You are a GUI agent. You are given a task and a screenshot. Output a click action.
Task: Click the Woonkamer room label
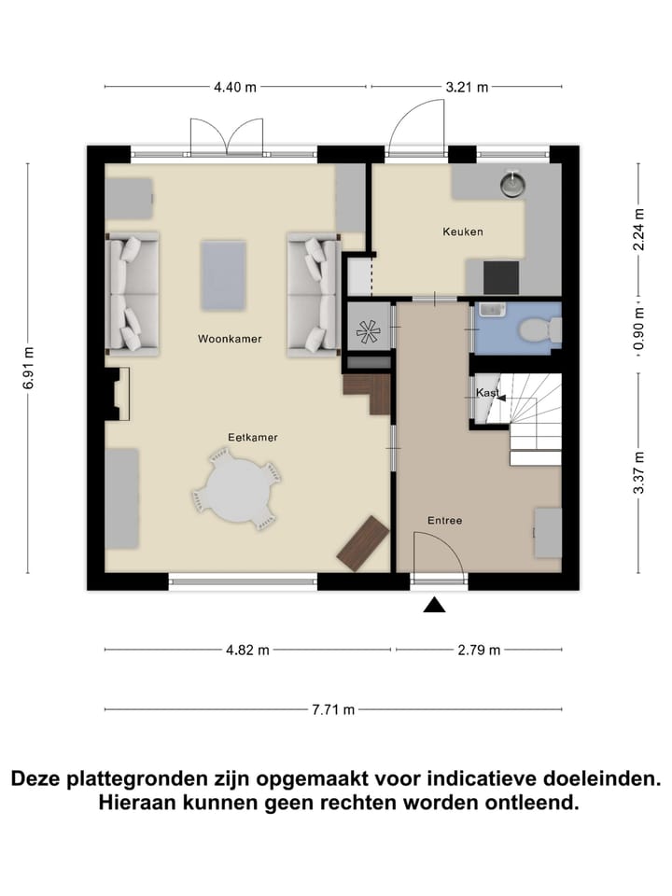point(230,340)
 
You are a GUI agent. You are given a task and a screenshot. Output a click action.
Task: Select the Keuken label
point(463,231)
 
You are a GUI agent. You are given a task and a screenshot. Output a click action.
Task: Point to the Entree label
point(444,521)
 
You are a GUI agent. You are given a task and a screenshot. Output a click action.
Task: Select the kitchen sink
point(512,184)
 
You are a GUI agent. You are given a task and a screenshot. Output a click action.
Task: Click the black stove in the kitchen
point(500,277)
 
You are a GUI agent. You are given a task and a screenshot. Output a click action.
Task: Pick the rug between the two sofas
point(223,276)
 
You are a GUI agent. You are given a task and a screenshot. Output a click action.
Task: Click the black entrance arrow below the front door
point(433,606)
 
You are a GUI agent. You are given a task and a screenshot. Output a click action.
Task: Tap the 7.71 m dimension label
point(334,709)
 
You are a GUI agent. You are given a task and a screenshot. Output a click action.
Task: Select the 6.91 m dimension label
point(28,365)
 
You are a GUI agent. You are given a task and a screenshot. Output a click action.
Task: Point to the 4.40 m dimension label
point(234,88)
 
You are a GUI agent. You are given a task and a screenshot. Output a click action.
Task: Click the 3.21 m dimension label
point(468,88)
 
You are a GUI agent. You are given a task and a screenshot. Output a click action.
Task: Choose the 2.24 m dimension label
point(638,228)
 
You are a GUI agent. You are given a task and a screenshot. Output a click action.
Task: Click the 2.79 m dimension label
point(480,651)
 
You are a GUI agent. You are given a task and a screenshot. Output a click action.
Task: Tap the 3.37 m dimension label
point(638,474)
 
